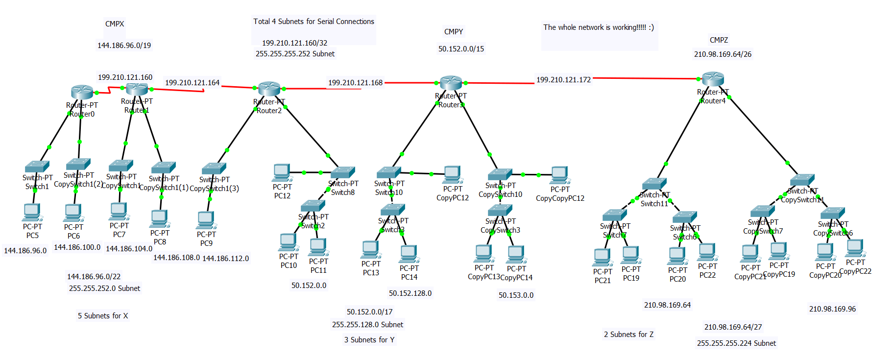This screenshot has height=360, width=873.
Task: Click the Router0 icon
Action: [x=82, y=92]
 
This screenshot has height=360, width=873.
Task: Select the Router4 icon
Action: [x=713, y=79]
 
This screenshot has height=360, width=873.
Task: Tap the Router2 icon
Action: [x=269, y=89]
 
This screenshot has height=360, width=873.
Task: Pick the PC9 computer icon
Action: [x=206, y=220]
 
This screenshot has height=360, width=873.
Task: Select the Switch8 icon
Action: [x=342, y=173]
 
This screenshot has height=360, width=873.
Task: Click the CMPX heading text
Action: [x=115, y=24]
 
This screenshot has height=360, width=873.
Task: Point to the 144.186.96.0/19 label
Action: [x=124, y=46]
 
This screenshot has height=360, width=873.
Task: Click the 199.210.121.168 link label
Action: [x=355, y=83]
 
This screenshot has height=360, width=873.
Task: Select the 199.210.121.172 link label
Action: [x=563, y=80]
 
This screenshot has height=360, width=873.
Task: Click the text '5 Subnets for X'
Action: [x=103, y=316]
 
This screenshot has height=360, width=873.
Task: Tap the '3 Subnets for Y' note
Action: [x=369, y=340]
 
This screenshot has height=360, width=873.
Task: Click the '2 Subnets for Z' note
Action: [x=629, y=335]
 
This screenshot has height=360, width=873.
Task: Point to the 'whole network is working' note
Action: [x=598, y=28]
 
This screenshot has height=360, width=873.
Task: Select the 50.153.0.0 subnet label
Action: [x=516, y=295]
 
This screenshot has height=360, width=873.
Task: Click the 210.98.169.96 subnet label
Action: [x=832, y=309]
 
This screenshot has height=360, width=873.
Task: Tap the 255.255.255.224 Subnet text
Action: [x=736, y=343]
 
